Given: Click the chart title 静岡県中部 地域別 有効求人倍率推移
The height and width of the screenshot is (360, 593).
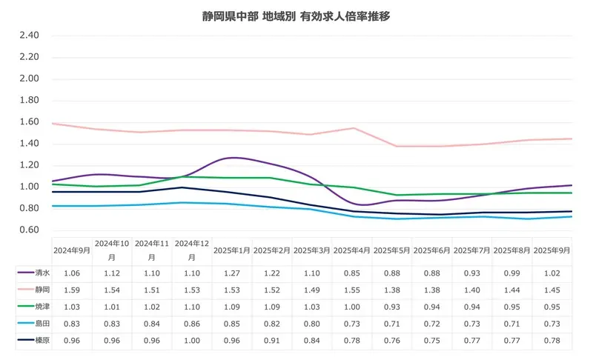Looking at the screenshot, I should pyautogui.click(x=296, y=16).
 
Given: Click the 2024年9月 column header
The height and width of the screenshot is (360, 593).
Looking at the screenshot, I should pyautogui.click(x=72, y=250).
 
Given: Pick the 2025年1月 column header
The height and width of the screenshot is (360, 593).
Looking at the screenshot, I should pyautogui.click(x=232, y=250).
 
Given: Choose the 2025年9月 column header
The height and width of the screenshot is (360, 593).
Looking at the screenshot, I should pyautogui.click(x=552, y=250).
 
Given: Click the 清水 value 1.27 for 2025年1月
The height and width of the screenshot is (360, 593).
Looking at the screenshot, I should pyautogui.click(x=232, y=273).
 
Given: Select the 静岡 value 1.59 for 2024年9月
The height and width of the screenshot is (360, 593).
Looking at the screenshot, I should pyautogui.click(x=72, y=290).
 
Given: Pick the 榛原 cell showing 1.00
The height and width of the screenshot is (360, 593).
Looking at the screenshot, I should pyautogui.click(x=192, y=341).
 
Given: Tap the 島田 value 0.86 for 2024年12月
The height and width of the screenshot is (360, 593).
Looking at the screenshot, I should pyautogui.click(x=192, y=324).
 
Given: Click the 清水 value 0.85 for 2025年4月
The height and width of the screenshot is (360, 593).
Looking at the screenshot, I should pyautogui.click(x=352, y=273).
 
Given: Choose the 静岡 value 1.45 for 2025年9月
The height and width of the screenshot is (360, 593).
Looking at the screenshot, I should pyautogui.click(x=552, y=290).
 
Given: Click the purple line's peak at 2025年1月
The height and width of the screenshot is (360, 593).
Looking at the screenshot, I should pyautogui.click(x=233, y=158).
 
